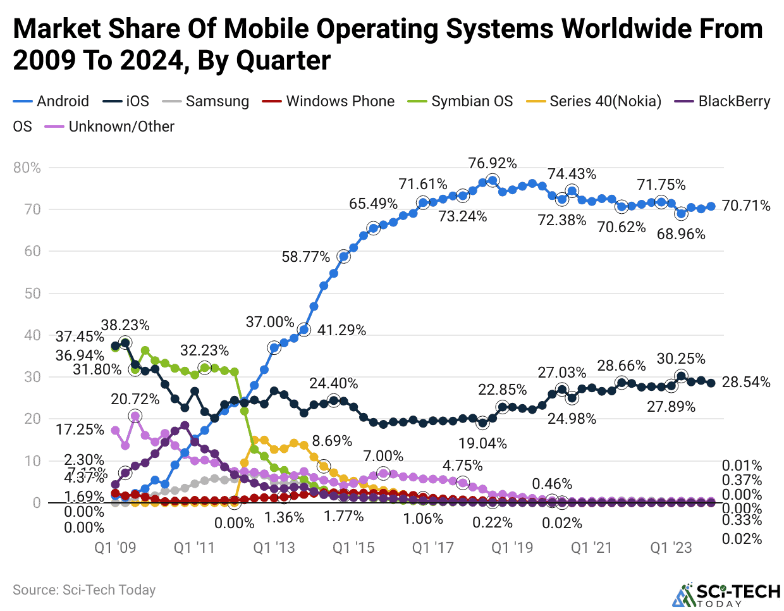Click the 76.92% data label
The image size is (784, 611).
coord(493,163)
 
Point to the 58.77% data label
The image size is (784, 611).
coord(306,257)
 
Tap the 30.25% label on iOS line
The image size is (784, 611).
coord(681,359)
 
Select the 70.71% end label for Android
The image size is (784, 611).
coord(746,206)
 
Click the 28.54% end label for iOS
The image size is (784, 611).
coord(746,382)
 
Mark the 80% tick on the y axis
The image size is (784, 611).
coord(27,168)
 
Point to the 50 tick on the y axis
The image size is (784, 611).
coord(33,293)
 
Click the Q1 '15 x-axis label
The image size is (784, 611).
coord(353,548)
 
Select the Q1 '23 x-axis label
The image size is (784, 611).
coord(671,548)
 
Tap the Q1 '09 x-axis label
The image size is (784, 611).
coord(115,548)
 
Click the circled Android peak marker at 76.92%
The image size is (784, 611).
coord(493,180)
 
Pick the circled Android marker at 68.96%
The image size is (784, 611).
coord(681,214)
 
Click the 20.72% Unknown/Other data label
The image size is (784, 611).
coord(135,399)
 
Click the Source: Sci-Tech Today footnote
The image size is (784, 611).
coord(84,590)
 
